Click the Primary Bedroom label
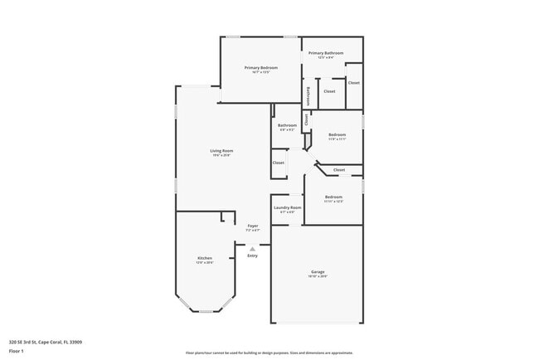coord(260,67)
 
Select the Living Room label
coord(221,150)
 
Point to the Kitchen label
coord(204,258)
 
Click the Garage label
coord(317,272)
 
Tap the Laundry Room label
coord(287,207)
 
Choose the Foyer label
coord(253,226)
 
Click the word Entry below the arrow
coord(252,255)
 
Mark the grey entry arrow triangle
coord(252,247)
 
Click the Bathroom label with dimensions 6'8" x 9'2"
coord(287,125)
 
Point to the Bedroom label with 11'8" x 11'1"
coord(337,134)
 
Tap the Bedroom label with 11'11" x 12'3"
coord(333,197)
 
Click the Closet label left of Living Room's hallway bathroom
coord(279,163)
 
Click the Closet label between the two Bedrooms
coord(338,169)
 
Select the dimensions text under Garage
coord(317,277)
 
